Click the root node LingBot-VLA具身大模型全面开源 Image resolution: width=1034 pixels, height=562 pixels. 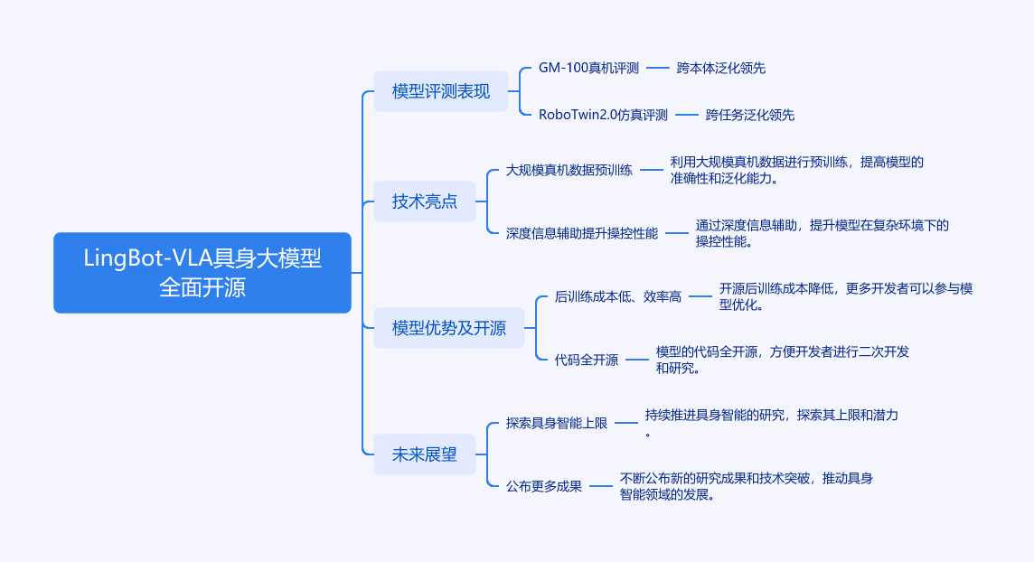click(x=202, y=273)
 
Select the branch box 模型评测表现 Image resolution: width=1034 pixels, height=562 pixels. click(x=441, y=91)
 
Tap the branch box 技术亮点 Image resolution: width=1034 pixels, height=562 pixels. click(x=425, y=201)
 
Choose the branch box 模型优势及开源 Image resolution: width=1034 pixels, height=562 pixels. click(x=449, y=328)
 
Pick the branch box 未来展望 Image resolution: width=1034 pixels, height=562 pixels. click(x=425, y=454)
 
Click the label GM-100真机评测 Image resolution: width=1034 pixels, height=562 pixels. click(x=588, y=68)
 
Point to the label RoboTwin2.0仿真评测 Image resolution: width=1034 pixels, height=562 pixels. click(x=603, y=115)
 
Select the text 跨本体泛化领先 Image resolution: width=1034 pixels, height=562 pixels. click(x=721, y=68)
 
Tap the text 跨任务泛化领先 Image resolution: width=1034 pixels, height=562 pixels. click(x=750, y=115)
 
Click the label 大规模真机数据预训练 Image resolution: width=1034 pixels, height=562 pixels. click(x=569, y=170)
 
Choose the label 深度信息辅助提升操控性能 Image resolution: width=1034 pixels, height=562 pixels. click(x=582, y=233)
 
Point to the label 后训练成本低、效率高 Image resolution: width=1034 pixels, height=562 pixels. click(x=618, y=296)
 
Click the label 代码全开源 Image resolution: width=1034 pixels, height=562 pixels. click(x=587, y=360)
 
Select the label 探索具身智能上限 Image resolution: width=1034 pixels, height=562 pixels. click(x=557, y=423)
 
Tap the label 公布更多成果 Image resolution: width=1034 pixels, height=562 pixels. click(x=544, y=486)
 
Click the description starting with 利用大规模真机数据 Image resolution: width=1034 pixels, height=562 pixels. click(x=796, y=170)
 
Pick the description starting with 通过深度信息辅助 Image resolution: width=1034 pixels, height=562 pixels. click(x=822, y=233)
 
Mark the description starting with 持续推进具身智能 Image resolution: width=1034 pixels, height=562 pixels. click(x=771, y=423)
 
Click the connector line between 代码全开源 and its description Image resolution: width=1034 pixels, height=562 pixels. click(x=637, y=360)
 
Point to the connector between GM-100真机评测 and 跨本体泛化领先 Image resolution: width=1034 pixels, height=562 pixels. click(x=658, y=68)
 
